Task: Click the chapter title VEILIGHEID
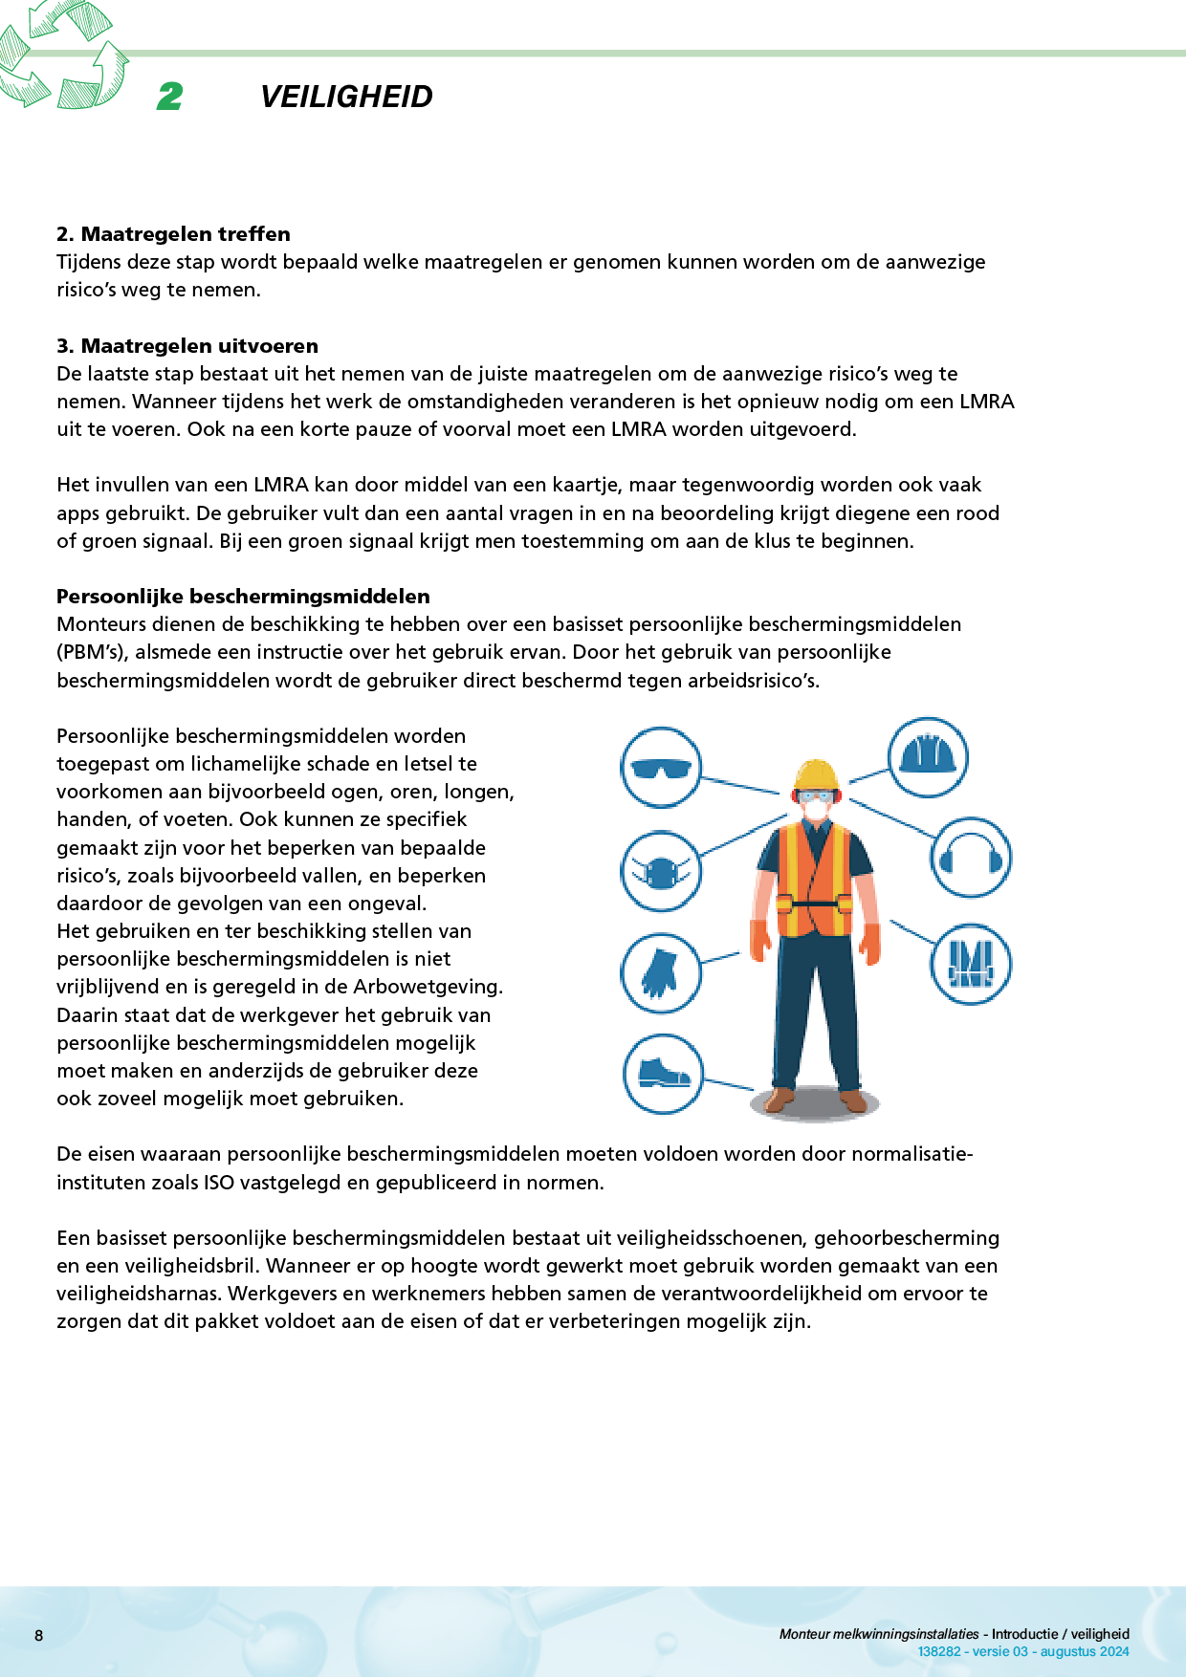(346, 97)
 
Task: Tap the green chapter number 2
(170, 97)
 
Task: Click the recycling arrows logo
(62, 54)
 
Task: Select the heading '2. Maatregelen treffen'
(173, 234)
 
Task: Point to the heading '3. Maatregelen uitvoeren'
(187, 346)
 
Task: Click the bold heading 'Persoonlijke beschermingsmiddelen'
(243, 597)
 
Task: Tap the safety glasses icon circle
(661, 768)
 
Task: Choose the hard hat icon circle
(928, 757)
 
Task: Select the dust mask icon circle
(661, 871)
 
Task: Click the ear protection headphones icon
(971, 857)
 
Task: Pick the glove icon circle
(661, 972)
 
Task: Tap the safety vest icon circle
(971, 964)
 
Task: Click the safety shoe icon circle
(663, 1073)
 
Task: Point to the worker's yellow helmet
(817, 774)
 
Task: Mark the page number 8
(39, 1635)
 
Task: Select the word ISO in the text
(219, 1183)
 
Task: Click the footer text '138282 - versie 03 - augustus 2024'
(1022, 1651)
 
